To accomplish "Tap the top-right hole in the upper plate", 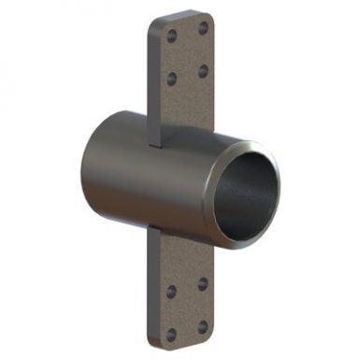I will click(x=202, y=29).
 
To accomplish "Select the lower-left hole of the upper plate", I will click(x=171, y=79).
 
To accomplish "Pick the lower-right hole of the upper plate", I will click(x=203, y=71).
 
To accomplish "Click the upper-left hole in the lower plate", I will click(x=172, y=290).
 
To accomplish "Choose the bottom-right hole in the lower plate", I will click(x=204, y=324).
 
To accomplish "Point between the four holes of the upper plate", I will click(x=187, y=54).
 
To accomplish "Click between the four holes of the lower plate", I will click(x=188, y=307).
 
